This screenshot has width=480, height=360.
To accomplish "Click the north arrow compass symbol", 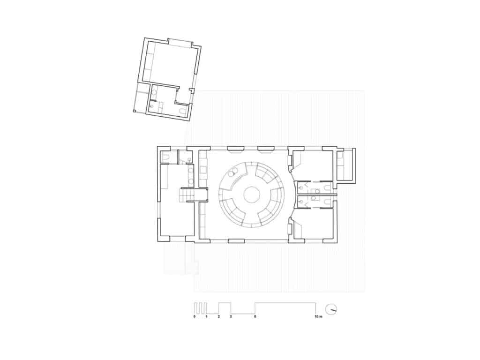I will [331, 309].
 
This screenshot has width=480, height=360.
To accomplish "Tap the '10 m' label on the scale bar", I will [318, 317].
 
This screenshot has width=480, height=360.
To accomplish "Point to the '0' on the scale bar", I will [194, 317].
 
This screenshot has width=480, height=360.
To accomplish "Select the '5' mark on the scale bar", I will [255, 317].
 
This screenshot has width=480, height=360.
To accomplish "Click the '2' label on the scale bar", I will [219, 317].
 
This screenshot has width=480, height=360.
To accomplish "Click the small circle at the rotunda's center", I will [251, 194].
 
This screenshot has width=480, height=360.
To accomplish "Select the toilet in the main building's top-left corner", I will [165, 157].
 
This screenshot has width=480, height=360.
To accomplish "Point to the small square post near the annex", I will [134, 112].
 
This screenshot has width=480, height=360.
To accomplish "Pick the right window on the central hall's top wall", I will [266, 149].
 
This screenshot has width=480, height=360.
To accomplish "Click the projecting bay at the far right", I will [346, 165].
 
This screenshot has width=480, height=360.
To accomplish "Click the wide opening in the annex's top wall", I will [180, 42].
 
